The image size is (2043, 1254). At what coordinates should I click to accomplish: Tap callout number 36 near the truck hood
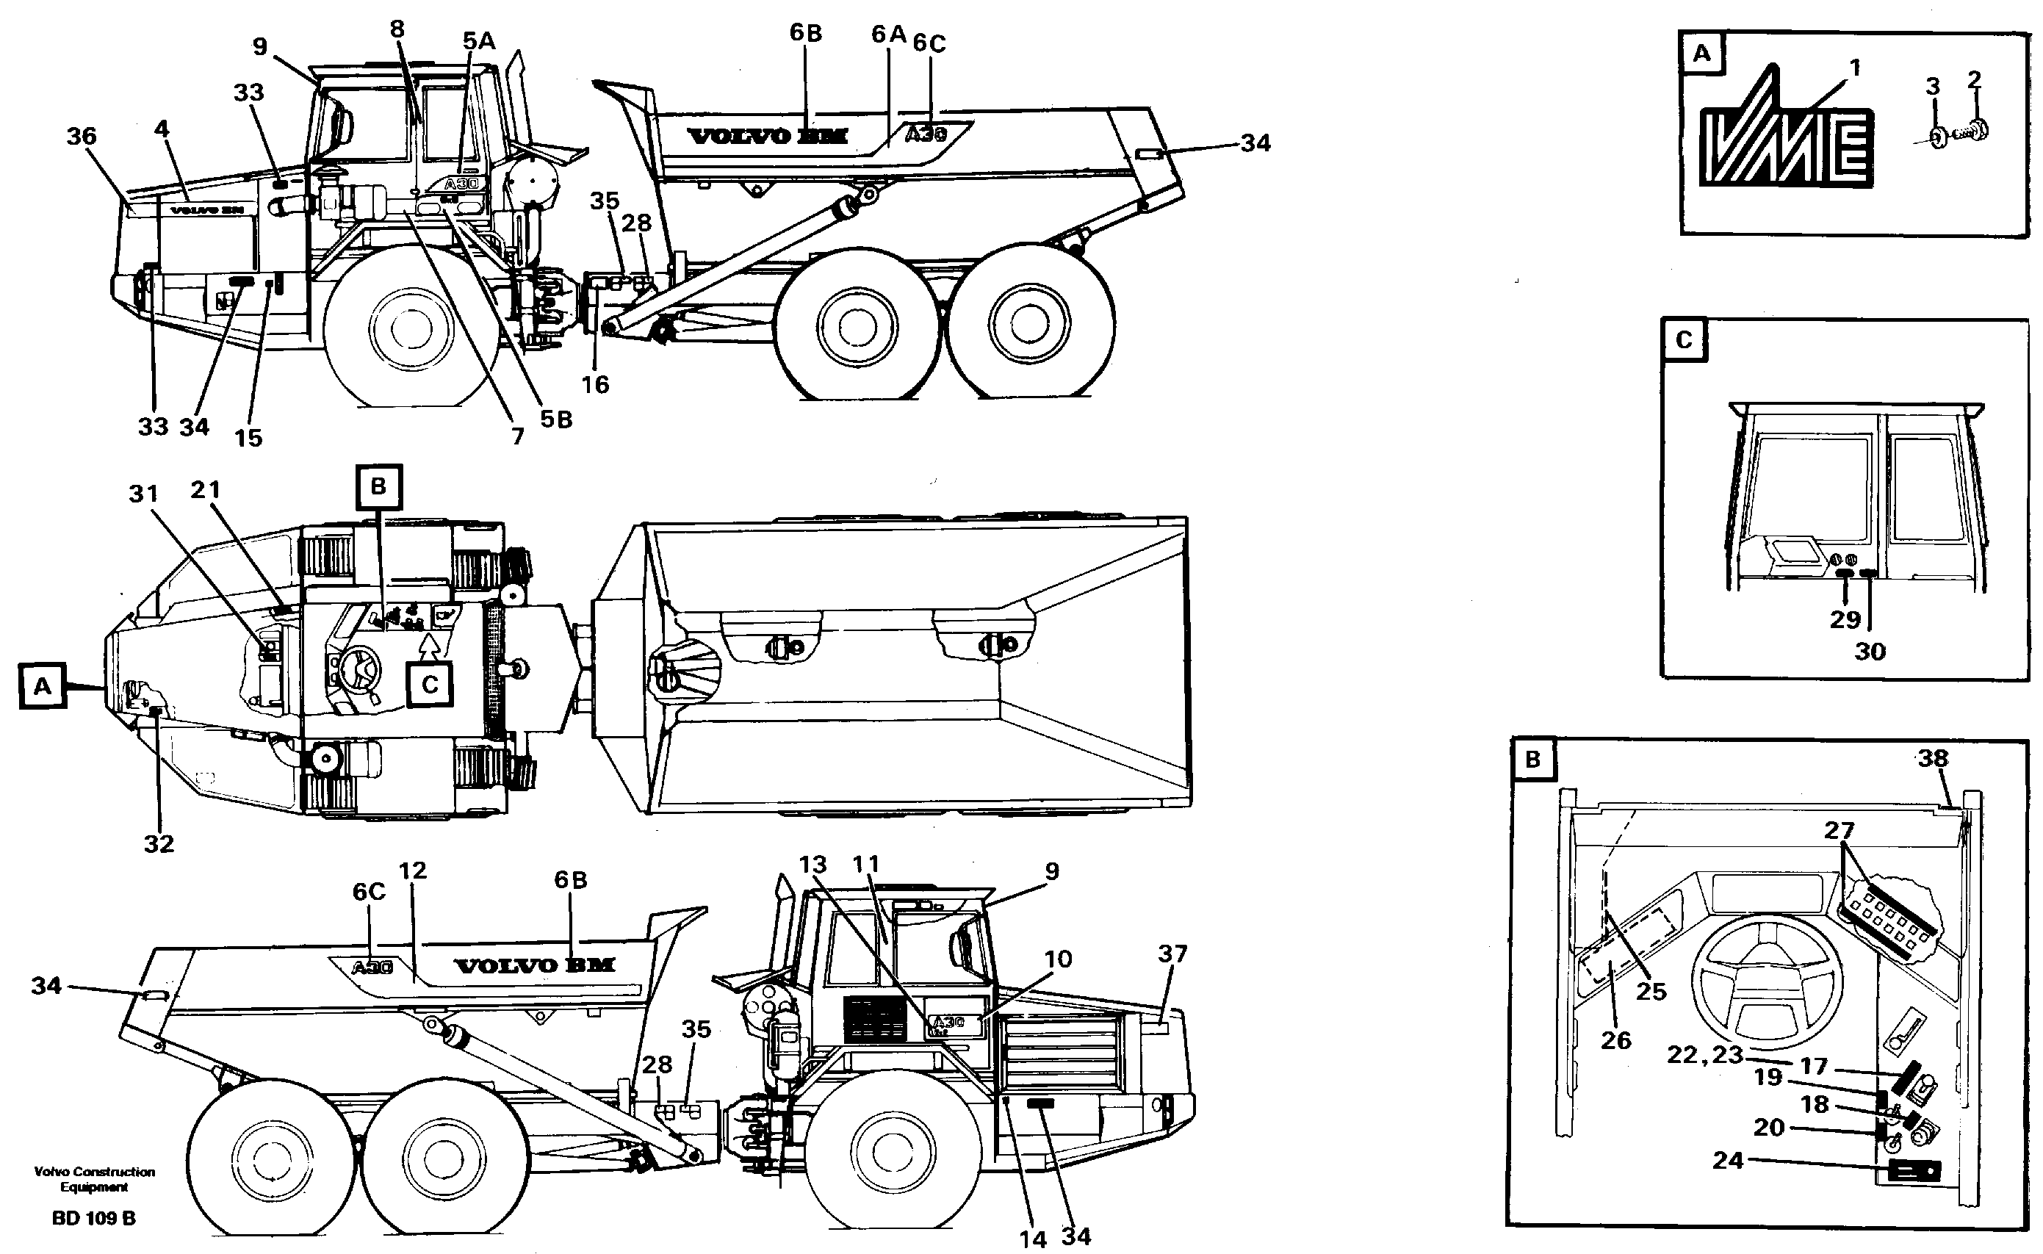point(82,136)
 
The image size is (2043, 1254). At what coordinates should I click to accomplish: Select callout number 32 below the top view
point(159,844)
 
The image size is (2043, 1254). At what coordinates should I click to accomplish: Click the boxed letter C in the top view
point(430,685)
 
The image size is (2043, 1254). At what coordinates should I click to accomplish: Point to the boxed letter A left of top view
point(43,686)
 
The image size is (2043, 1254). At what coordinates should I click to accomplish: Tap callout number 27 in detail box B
point(1838,830)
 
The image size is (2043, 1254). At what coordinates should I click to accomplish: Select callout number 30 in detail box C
point(1870,652)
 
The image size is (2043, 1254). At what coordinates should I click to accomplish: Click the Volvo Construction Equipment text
point(94,1178)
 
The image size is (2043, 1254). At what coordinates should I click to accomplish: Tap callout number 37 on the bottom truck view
point(1172,954)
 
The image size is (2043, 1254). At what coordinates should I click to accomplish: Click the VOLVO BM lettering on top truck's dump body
point(768,136)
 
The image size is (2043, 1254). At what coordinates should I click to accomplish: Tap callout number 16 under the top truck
point(594,385)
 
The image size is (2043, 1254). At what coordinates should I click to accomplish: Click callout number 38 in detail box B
point(1933,758)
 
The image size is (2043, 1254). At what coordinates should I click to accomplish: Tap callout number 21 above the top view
point(206,489)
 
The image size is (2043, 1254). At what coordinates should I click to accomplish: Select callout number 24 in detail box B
point(1728,1160)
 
